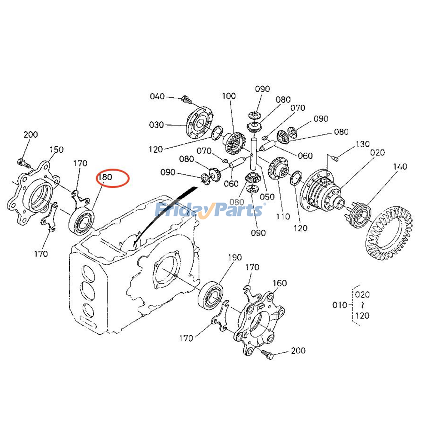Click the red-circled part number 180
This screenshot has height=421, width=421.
coord(105,177)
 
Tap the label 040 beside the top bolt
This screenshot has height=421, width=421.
coord(157,96)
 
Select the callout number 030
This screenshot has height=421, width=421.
coord(156,125)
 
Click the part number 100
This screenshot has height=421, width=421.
coord(229,96)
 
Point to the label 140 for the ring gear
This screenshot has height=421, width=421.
coord(400,167)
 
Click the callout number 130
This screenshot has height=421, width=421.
coord(363,144)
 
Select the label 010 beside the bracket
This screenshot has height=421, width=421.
coord(340,305)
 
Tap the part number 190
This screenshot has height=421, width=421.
coord(235,257)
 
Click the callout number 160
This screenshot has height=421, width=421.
coord(279,283)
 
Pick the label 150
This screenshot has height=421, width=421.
coord(57,150)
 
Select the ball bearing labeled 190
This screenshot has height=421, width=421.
coord(210,295)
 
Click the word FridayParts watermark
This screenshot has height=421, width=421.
coord(209,210)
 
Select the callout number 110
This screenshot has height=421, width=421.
coord(283,217)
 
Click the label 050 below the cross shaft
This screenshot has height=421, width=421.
coord(267,197)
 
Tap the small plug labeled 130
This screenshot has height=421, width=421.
coord(335,158)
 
